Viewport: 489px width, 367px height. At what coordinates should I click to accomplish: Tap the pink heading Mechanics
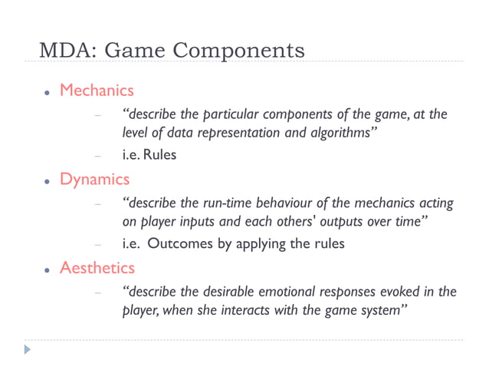coord(97,91)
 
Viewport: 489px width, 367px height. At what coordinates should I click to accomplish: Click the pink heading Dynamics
coord(95,180)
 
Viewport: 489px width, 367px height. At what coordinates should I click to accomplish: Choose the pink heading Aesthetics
coord(97,268)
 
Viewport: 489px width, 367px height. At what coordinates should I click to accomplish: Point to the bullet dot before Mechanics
coord(47,92)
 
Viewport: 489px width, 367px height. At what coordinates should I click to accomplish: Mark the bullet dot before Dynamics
coord(47,181)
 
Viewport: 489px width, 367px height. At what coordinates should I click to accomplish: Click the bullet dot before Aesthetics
coord(47,269)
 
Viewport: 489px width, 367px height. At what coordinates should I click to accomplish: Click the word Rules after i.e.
coord(160,155)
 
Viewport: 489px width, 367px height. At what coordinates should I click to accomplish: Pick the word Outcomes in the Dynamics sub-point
coord(181,244)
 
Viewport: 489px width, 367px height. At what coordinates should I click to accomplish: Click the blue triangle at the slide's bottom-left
coord(28,349)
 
